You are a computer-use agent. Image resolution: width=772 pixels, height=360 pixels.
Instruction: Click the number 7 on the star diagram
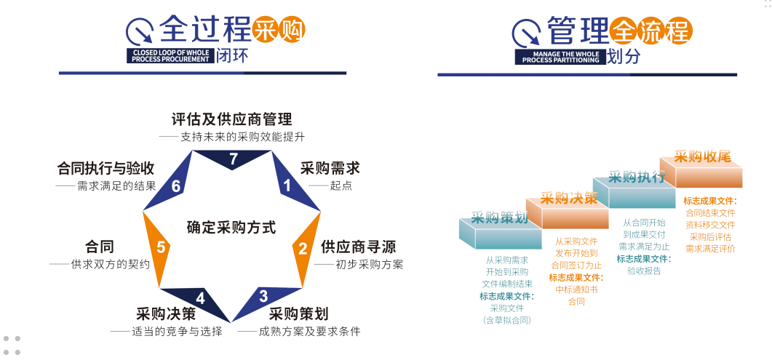[234, 159]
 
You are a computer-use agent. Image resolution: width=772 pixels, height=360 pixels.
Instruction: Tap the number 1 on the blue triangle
[287, 185]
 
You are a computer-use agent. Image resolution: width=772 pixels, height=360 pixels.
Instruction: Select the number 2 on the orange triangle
[302, 249]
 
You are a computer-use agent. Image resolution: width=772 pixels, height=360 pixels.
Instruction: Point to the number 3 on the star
[263, 297]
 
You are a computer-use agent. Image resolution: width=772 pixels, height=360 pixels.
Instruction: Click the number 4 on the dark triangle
[200, 298]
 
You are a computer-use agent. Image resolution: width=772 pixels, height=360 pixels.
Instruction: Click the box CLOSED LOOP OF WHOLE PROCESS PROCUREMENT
[170, 55]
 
